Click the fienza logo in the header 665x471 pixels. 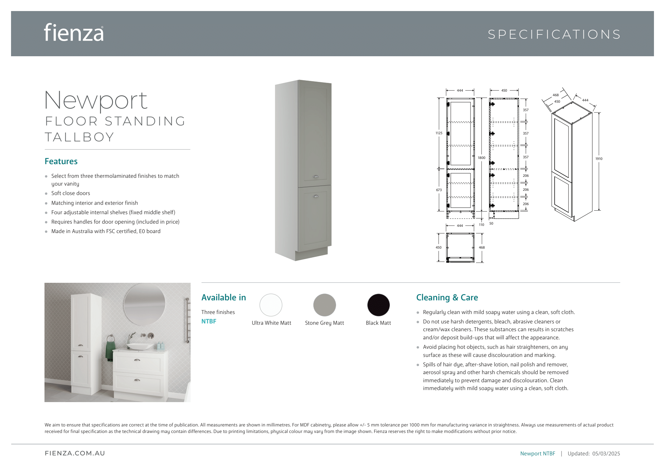point(74,33)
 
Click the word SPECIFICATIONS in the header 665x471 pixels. point(554,34)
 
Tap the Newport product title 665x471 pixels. point(96,100)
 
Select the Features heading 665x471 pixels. point(61,161)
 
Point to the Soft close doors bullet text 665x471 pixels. point(70,193)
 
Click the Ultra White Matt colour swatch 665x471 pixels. point(271,305)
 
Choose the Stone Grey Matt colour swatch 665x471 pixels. point(324,305)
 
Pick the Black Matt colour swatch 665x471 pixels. point(378,305)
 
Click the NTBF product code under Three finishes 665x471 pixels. point(209,321)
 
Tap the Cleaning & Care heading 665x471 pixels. point(447,297)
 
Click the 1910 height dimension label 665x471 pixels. point(599,159)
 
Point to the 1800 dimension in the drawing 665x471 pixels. point(481,158)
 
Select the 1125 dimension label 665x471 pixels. point(439,133)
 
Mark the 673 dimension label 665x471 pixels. point(439,190)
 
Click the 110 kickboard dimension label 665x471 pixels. point(482,225)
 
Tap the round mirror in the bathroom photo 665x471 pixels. point(144,304)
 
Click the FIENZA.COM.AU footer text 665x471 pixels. point(75,453)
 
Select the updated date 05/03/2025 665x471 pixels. point(606,453)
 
